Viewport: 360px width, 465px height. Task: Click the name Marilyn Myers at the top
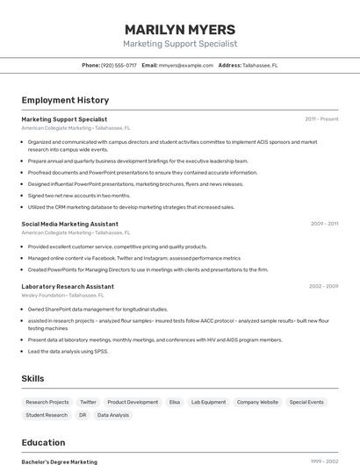coord(180,29)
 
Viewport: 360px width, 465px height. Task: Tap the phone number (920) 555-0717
coord(119,65)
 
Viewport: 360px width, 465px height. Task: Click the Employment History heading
coord(65,101)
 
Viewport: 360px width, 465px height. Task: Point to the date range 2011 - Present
coord(321,119)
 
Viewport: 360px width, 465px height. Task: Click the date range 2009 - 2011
coord(324,224)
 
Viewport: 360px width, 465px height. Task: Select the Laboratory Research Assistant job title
coord(68,286)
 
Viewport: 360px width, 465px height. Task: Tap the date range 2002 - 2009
coord(324,286)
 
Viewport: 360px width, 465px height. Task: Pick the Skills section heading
coord(33,378)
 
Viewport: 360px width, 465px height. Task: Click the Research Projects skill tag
coord(47,402)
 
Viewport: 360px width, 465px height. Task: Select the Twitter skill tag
coord(88,402)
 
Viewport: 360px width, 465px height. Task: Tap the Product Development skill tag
coord(133,402)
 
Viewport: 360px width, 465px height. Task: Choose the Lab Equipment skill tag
coord(208,402)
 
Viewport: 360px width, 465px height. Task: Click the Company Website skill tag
coord(257,402)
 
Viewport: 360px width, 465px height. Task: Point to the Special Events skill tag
coord(306,402)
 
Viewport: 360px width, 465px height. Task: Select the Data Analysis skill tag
coord(113,415)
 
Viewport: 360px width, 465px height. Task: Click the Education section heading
coord(43,443)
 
